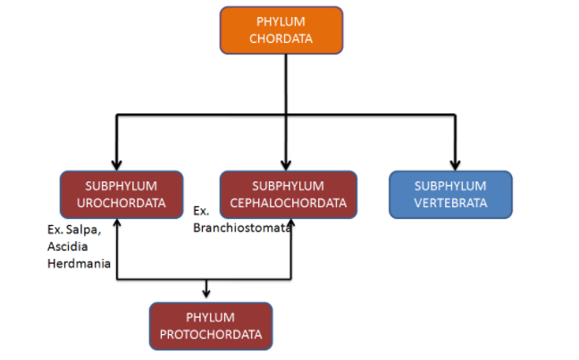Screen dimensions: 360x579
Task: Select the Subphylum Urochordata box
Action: [x=122, y=194]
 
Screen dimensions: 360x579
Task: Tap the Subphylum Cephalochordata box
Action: [x=288, y=194]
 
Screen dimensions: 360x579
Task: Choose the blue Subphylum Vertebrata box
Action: [x=450, y=194]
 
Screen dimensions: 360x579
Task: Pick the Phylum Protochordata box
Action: [x=211, y=325]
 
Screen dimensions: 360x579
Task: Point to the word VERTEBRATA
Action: [x=450, y=203]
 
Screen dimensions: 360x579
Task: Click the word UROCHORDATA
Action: [x=122, y=203]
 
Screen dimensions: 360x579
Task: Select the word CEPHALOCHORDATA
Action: [x=288, y=203]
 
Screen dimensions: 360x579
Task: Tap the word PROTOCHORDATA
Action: [x=211, y=334]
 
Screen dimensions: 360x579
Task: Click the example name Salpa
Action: [x=86, y=230]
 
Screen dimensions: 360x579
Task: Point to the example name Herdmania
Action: [x=78, y=264]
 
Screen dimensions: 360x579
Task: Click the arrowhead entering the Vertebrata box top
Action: [x=454, y=164]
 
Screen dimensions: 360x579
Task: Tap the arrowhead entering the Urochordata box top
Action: [x=117, y=164]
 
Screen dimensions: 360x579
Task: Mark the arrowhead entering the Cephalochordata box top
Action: [x=286, y=164]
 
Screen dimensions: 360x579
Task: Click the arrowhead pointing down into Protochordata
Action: [x=207, y=294]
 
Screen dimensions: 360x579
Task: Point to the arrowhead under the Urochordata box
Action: [x=117, y=223]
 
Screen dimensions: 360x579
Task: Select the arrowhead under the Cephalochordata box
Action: [x=293, y=223]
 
